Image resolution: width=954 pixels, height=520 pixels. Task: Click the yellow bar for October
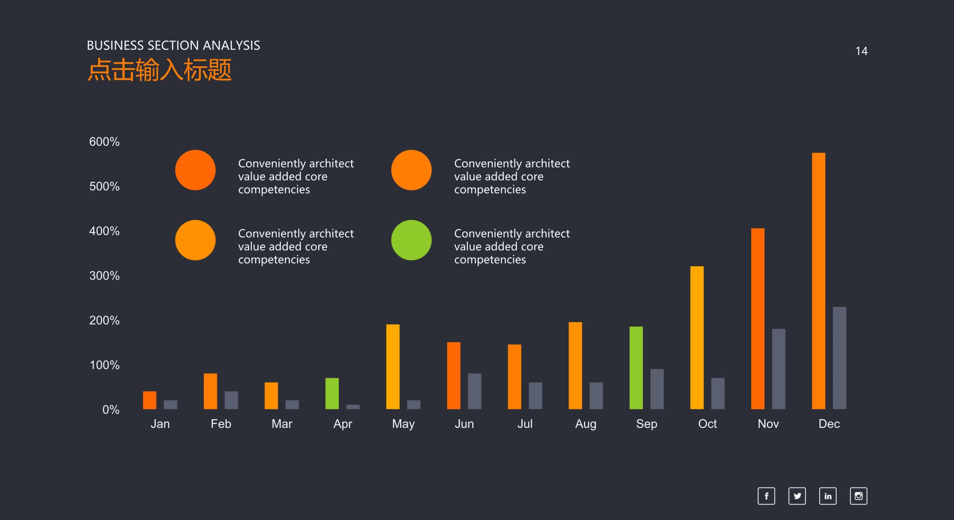697,337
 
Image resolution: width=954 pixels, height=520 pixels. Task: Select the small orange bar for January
150,400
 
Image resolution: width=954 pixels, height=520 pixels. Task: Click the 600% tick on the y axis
104,142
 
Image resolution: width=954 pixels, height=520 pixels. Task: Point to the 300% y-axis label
104,276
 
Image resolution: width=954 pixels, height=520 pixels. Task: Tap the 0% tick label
111,410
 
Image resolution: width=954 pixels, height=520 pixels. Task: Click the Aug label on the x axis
585,424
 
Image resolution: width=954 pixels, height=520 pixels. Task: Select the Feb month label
221,424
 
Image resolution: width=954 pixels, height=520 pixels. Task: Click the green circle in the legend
411,240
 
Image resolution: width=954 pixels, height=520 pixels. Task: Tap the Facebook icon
766,496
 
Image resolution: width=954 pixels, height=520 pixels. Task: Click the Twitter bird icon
797,496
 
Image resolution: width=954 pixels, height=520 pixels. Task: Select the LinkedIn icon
828,496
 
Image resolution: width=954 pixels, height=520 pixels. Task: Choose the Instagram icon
858,496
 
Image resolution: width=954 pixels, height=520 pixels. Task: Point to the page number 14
861,51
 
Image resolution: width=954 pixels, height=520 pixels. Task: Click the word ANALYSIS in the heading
232,46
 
